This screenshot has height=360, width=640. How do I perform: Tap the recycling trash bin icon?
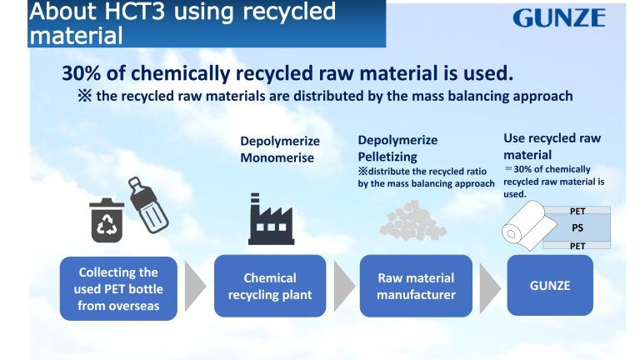(x=107, y=220)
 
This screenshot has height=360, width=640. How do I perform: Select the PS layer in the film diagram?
(x=577, y=227)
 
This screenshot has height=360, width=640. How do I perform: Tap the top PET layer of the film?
(x=577, y=212)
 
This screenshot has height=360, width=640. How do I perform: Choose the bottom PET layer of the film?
(x=577, y=245)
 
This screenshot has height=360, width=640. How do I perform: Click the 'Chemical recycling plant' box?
(x=270, y=286)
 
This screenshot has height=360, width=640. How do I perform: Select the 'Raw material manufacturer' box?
(x=416, y=286)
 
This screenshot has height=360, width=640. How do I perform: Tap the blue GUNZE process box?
(x=550, y=285)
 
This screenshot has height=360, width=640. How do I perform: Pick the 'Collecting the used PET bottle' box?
(x=117, y=288)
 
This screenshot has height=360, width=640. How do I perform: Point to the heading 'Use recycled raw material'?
(x=552, y=146)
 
